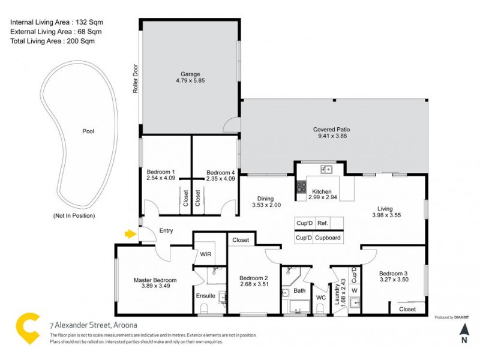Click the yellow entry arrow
point(129,233)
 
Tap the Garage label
point(191,74)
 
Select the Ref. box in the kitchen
point(322,223)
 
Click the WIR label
point(205,254)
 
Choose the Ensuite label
point(205,295)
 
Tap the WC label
point(320,296)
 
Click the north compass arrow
point(464,329)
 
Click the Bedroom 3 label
point(393,272)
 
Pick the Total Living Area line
point(53,41)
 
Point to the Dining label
point(265,199)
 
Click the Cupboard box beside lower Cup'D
point(328,238)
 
